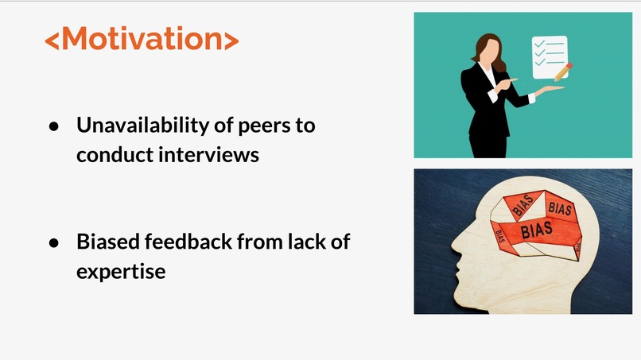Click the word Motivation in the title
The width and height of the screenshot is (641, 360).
[142, 39]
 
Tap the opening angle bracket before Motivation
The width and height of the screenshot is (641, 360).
[52, 41]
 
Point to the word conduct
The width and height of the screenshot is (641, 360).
[114, 154]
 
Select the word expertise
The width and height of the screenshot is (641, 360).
[121, 272]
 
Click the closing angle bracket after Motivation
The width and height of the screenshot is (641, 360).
[231, 41]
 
